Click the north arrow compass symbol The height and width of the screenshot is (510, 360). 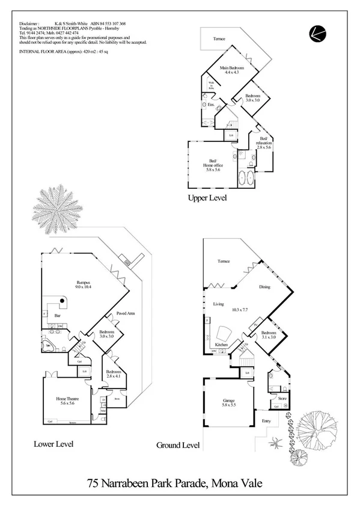pos(317,34)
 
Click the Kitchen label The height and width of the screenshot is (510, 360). pos(221,345)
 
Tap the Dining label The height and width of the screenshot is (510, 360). pos(264,287)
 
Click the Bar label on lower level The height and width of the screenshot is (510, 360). pos(59,315)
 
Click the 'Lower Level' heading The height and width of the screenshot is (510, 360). pos(54,444)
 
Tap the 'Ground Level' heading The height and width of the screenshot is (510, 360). pos(178,446)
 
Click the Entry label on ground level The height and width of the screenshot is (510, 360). pos(267,420)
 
